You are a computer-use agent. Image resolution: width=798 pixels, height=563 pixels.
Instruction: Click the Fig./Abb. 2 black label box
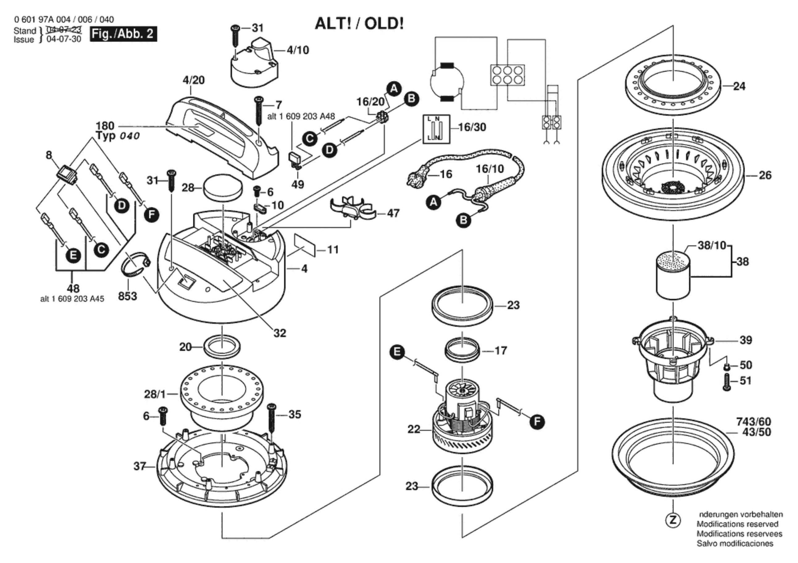click(123, 34)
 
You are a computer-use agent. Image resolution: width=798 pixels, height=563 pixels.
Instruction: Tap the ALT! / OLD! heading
click(359, 24)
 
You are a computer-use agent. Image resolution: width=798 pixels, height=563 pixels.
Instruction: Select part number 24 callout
click(739, 86)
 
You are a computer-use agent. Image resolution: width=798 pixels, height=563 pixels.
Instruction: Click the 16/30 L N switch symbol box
click(436, 129)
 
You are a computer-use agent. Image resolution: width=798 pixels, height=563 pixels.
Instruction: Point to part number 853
click(127, 296)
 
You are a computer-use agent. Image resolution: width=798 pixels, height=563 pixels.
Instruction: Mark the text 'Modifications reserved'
click(737, 533)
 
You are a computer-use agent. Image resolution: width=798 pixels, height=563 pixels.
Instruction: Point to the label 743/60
click(754, 422)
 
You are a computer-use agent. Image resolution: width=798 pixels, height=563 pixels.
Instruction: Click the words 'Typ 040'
click(118, 136)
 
